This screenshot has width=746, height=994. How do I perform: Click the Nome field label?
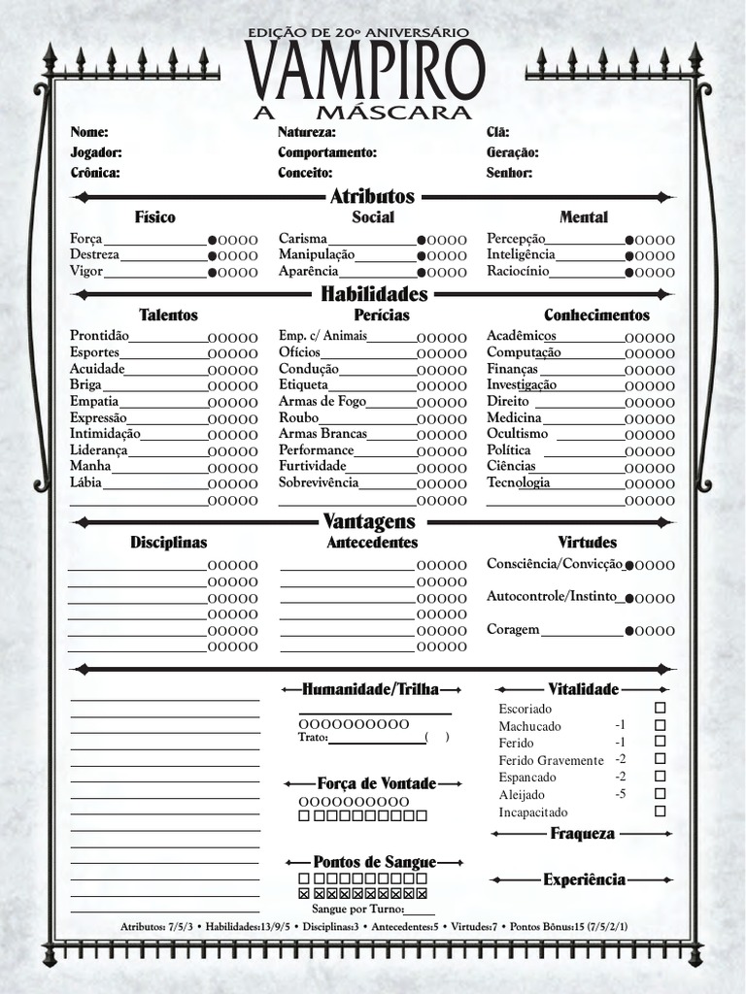89,132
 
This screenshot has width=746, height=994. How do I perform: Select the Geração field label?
512,152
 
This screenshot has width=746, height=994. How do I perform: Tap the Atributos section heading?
372,196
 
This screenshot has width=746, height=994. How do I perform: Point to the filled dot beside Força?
212,240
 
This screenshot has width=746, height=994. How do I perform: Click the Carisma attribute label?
303,239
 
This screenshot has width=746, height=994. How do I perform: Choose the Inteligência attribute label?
521,254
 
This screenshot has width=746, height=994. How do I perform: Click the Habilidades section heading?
374,294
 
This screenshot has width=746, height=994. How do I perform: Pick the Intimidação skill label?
105,434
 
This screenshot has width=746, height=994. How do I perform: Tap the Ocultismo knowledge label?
517,434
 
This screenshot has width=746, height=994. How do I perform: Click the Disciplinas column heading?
169,543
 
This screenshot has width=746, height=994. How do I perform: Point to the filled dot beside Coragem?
630,631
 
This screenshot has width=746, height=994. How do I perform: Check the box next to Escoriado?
661,708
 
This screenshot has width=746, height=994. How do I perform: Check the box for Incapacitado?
661,812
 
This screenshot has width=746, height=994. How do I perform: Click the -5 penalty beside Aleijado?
620,794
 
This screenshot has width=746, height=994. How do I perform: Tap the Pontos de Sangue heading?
374,862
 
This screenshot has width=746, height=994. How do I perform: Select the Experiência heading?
584,879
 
